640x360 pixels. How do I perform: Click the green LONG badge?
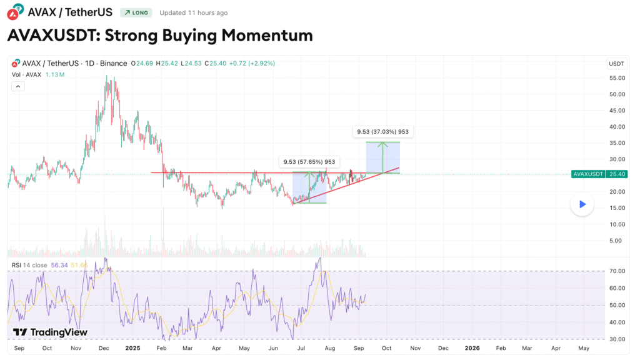click(136, 12)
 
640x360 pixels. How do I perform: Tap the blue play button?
click(582, 204)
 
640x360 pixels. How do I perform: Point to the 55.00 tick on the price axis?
click(617, 77)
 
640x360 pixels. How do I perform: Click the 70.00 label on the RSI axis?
click(617, 271)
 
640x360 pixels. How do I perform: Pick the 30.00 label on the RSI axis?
click(617, 339)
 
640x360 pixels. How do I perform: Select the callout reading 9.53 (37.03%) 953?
click(382, 132)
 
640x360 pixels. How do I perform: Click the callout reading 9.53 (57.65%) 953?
click(309, 162)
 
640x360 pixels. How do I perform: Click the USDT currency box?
click(617, 64)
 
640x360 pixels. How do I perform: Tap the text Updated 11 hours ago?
click(193, 12)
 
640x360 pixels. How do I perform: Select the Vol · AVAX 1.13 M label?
click(37, 74)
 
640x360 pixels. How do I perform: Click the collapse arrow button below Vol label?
click(18, 87)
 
